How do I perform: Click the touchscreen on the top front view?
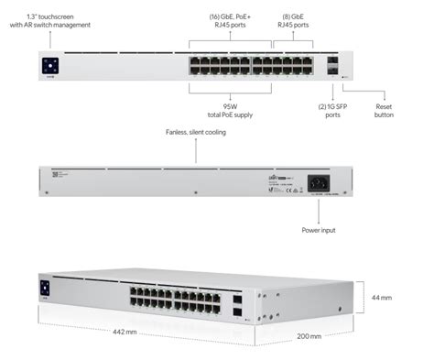[49, 65]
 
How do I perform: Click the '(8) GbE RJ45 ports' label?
[295, 20]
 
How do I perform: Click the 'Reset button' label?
[384, 110]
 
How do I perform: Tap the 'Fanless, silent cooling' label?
[195, 133]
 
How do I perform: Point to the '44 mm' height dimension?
[382, 298]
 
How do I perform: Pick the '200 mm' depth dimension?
[309, 337]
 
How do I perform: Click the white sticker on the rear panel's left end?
[55, 174]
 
